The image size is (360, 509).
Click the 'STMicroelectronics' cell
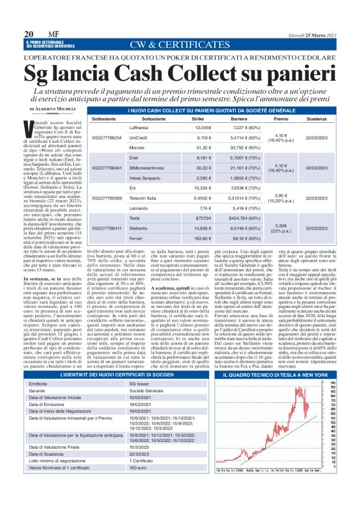pos(147,168)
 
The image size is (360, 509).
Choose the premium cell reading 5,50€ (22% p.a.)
pos(281,228)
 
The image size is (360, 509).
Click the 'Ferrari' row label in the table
pos(137,238)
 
